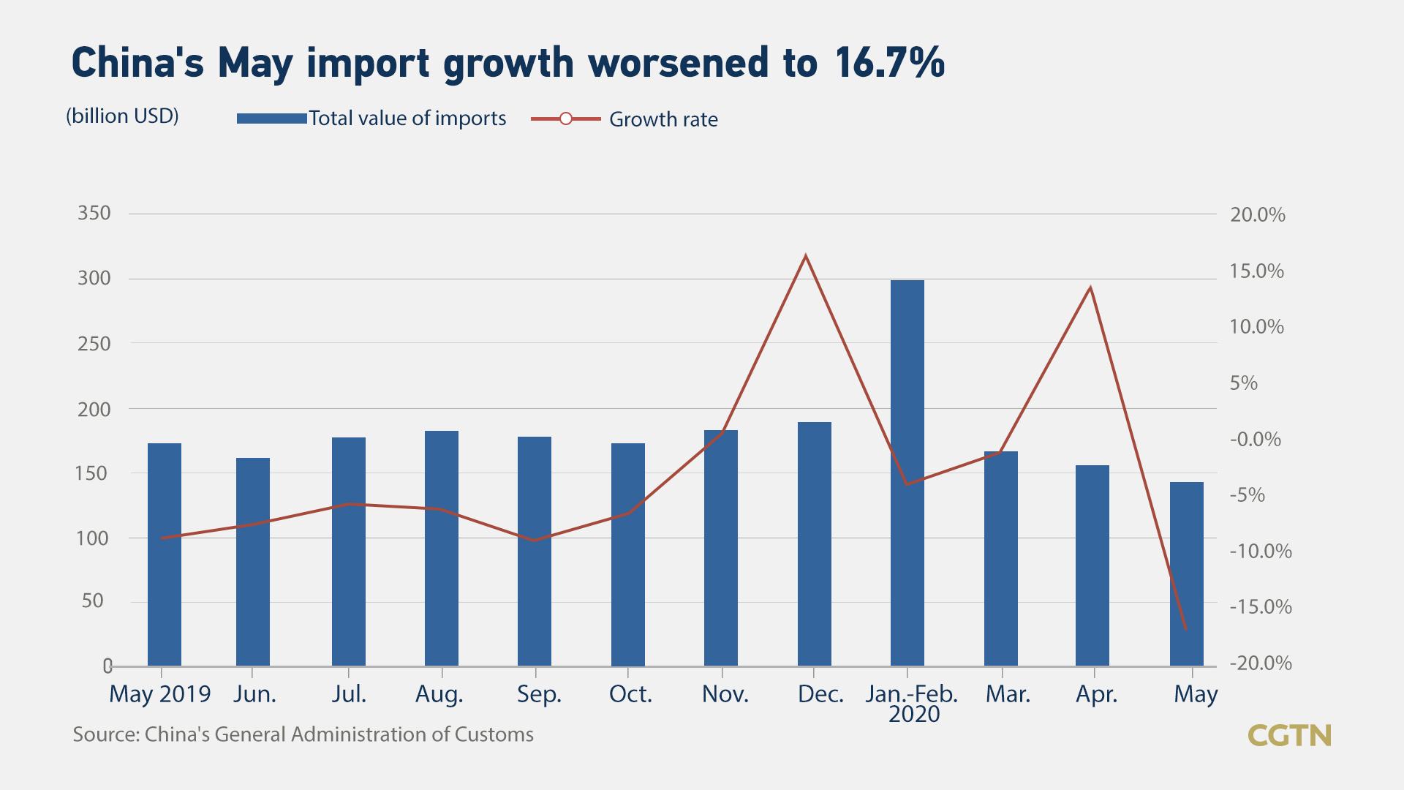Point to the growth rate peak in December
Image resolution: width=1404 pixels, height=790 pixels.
tap(806, 257)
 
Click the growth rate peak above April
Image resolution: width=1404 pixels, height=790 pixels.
tap(1090, 288)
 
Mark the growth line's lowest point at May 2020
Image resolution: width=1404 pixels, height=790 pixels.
tap(1185, 628)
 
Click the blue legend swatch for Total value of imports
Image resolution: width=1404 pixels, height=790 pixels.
tap(271, 118)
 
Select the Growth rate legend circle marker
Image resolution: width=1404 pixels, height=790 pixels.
tap(565, 118)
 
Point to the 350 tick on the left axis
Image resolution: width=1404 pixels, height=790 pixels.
tap(94, 214)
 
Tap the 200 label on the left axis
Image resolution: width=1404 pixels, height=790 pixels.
tap(94, 410)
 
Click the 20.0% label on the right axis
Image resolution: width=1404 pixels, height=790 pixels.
tap(1257, 215)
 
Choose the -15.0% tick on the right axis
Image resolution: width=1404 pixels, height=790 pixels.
tap(1261, 607)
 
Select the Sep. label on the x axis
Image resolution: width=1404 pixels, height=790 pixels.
tap(539, 694)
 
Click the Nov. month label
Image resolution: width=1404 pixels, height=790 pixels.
tap(725, 694)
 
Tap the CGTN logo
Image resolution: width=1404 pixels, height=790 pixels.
tap(1289, 735)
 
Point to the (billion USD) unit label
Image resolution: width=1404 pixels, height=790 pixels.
tap(122, 116)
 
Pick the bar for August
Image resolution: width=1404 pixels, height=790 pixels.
tap(442, 548)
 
